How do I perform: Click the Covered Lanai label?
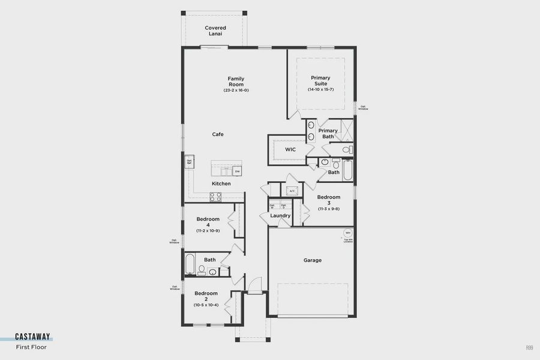click(215, 31)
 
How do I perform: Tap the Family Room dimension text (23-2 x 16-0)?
click(236, 90)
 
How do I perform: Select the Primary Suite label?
click(320, 80)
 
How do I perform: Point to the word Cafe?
click(218, 134)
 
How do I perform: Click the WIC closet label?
click(290, 149)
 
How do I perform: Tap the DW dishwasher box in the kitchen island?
click(237, 172)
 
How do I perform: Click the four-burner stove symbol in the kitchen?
click(215, 196)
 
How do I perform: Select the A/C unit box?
click(292, 191)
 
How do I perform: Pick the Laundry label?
click(280, 215)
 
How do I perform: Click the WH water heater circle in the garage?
click(347, 233)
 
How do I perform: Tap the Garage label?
click(312, 260)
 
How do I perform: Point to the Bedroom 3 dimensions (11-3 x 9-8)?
click(329, 208)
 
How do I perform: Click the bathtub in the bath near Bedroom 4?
click(190, 264)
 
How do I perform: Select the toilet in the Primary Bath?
click(347, 149)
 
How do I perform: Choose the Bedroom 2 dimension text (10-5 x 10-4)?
click(206, 305)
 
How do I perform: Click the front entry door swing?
click(254, 286)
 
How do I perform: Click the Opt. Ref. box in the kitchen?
click(189, 161)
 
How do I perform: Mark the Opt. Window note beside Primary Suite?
click(364, 108)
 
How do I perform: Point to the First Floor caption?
click(31, 347)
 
